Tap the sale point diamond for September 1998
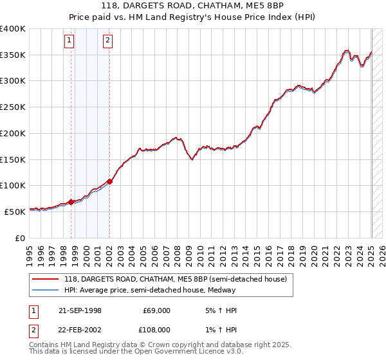pos(71,202)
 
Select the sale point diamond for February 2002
pos(109,181)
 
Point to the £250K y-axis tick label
pos(13,107)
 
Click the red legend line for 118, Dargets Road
pos(45,279)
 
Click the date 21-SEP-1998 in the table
pos(80,310)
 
